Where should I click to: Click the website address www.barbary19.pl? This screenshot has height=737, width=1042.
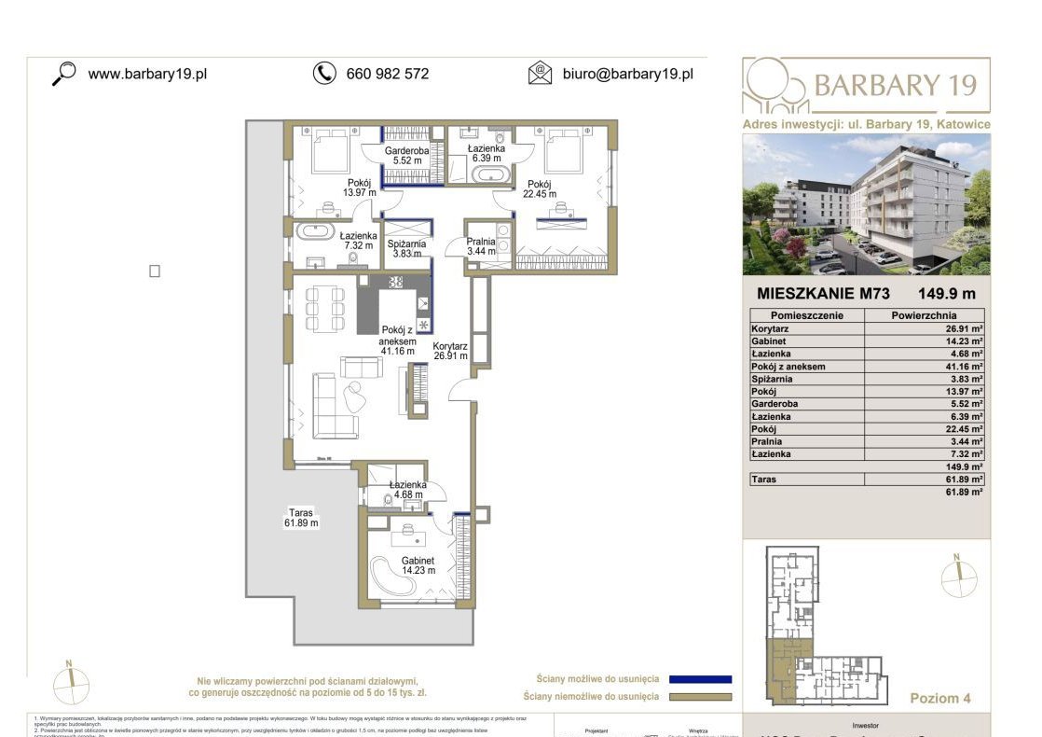pyautogui.click(x=147, y=74)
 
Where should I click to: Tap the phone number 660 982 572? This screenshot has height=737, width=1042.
pyautogui.click(x=387, y=74)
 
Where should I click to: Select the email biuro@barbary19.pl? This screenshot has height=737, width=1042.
pyautogui.click(x=627, y=74)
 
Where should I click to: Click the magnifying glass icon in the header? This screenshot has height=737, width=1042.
pyautogui.click(x=63, y=73)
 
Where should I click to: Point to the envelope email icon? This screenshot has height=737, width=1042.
pyautogui.click(x=540, y=73)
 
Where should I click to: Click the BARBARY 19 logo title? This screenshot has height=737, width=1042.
pyautogui.click(x=894, y=86)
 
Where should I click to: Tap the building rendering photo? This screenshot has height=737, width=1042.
pyautogui.click(x=866, y=203)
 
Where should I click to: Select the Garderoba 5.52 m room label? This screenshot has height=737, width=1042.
pyautogui.click(x=406, y=156)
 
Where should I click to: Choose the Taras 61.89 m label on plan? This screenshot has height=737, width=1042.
pyautogui.click(x=301, y=518)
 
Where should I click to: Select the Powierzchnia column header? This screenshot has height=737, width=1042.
pyautogui.click(x=924, y=315)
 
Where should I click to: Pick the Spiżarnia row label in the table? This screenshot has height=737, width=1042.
pyautogui.click(x=774, y=380)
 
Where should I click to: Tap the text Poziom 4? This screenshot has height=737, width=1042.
pyautogui.click(x=941, y=698)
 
